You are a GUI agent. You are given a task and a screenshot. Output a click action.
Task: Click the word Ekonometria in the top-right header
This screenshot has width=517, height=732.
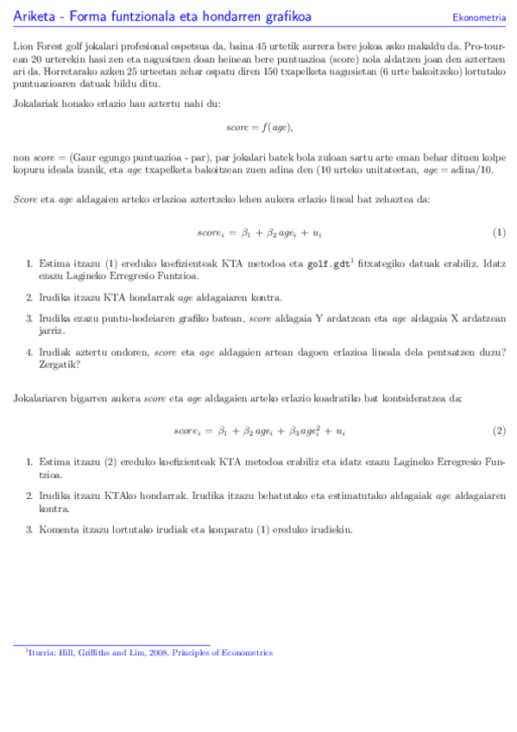(479, 17)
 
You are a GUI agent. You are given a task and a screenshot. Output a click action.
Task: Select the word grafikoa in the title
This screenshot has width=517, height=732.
(285, 16)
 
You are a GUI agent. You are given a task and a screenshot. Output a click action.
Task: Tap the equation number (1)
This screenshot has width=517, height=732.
(498, 233)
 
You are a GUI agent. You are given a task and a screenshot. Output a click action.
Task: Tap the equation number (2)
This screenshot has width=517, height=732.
(498, 430)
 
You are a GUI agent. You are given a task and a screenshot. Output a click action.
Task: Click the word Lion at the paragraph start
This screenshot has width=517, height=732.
(22, 43)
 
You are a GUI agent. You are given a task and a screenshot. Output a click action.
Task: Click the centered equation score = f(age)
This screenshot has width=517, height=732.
(259, 127)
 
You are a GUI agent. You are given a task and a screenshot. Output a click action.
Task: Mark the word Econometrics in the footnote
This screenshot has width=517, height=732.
(245, 653)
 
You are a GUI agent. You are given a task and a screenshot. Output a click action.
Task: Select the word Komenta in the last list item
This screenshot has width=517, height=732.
(58, 528)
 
